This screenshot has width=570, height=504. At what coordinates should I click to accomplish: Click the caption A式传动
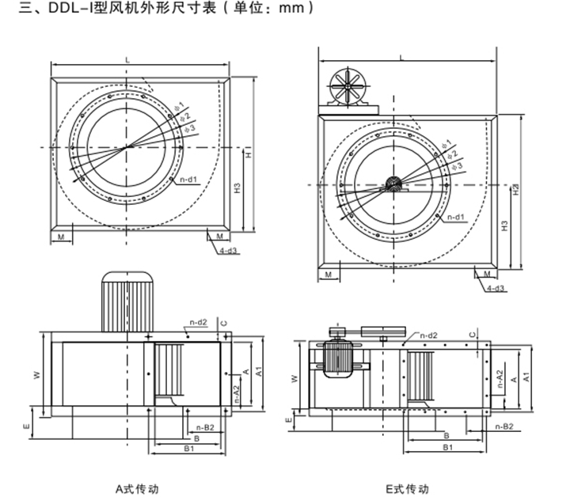136,489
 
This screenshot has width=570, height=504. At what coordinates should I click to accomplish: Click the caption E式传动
408,489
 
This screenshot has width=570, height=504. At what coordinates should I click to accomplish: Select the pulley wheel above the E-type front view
346,85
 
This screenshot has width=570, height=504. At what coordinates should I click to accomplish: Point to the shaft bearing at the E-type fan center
393,186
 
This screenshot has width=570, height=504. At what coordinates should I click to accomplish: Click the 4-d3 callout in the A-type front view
229,251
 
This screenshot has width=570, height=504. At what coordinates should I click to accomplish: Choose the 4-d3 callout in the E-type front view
496,290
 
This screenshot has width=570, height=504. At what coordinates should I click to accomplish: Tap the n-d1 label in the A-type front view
188,180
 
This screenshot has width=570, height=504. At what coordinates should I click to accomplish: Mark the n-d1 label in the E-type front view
455,216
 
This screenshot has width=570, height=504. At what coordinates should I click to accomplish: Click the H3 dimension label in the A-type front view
237,189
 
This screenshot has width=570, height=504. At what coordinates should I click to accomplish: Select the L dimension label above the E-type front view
401,58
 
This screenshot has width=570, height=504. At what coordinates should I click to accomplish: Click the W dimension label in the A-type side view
36,375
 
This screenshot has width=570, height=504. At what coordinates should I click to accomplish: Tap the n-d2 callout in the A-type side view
197,321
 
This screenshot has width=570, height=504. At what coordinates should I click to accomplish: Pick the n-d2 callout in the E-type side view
429,335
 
